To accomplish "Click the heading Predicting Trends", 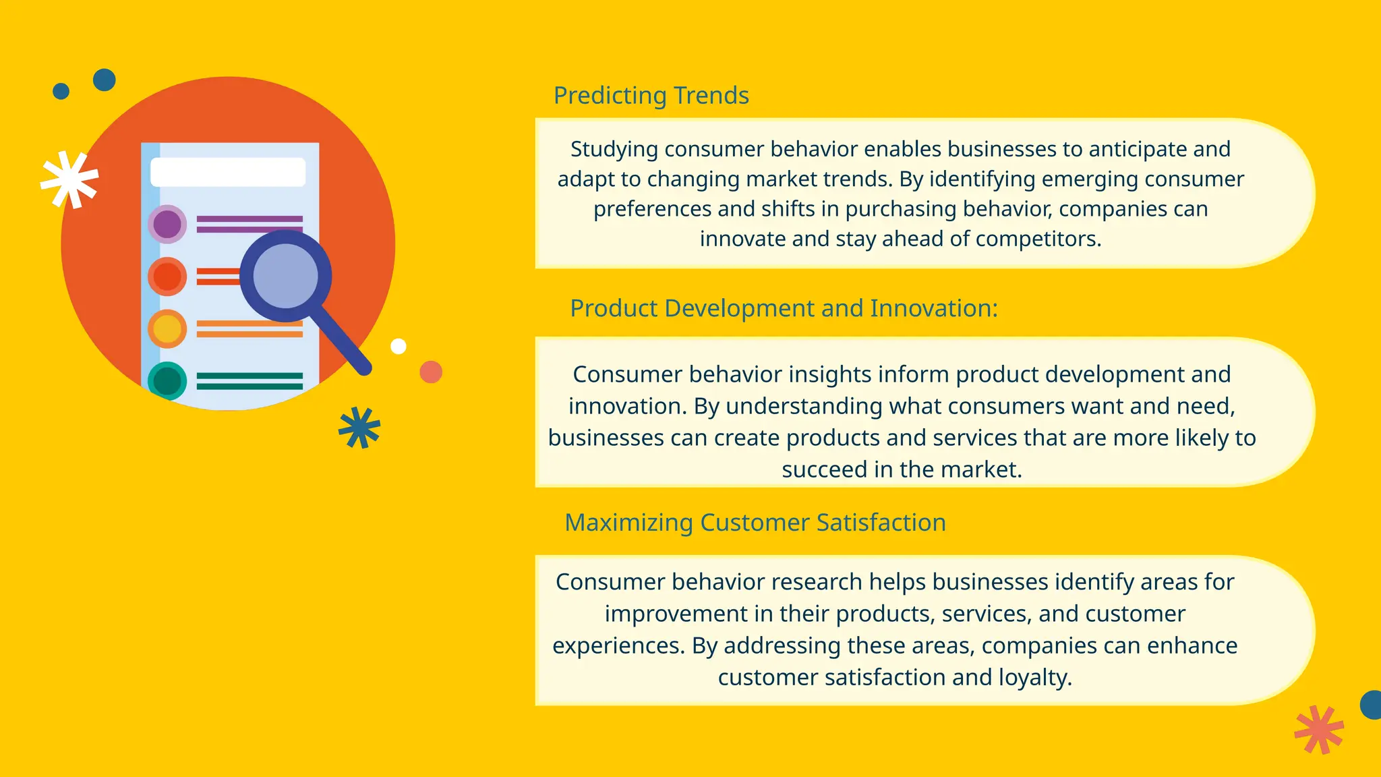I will pos(651,96).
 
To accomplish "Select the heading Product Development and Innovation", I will pos(783,308).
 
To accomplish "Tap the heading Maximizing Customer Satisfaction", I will pos(755,523).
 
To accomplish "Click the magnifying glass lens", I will pos(285,275).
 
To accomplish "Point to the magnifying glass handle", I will pos(344,341).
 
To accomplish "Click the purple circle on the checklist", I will pos(167,224).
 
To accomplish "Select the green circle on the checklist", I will pos(167,381).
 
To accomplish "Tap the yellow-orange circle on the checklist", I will pos(167,328).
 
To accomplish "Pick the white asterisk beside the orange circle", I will pos(69,179).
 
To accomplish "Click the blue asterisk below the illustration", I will pos(359,428).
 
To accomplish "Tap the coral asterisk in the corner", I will pos(1319,729).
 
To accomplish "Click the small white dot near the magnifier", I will pos(399,346).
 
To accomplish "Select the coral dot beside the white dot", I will pos(431,372).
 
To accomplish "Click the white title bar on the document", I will pos(228,173).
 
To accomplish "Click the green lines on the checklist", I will pos(249,381).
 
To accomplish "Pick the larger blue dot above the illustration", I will pos(105,80).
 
